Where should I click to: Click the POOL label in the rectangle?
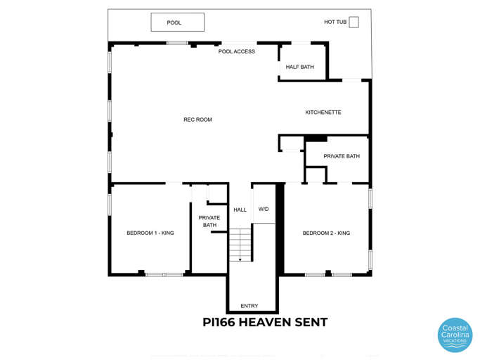click(174, 22)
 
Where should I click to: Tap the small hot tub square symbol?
click(353, 22)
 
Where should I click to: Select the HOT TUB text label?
click(335, 22)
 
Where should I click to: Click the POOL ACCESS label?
click(237, 51)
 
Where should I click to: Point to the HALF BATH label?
click(299, 67)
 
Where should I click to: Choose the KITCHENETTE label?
click(323, 112)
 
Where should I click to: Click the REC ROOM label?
click(197, 120)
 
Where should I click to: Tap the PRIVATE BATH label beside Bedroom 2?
click(342, 156)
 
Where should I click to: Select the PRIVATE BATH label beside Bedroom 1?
click(209, 221)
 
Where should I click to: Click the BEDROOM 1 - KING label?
click(150, 233)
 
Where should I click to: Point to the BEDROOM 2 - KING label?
click(326, 233)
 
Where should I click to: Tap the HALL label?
click(240, 210)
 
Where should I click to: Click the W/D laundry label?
click(264, 209)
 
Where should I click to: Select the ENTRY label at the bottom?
click(249, 306)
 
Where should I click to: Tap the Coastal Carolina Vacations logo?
click(455, 335)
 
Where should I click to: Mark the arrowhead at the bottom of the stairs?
click(240, 259)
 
